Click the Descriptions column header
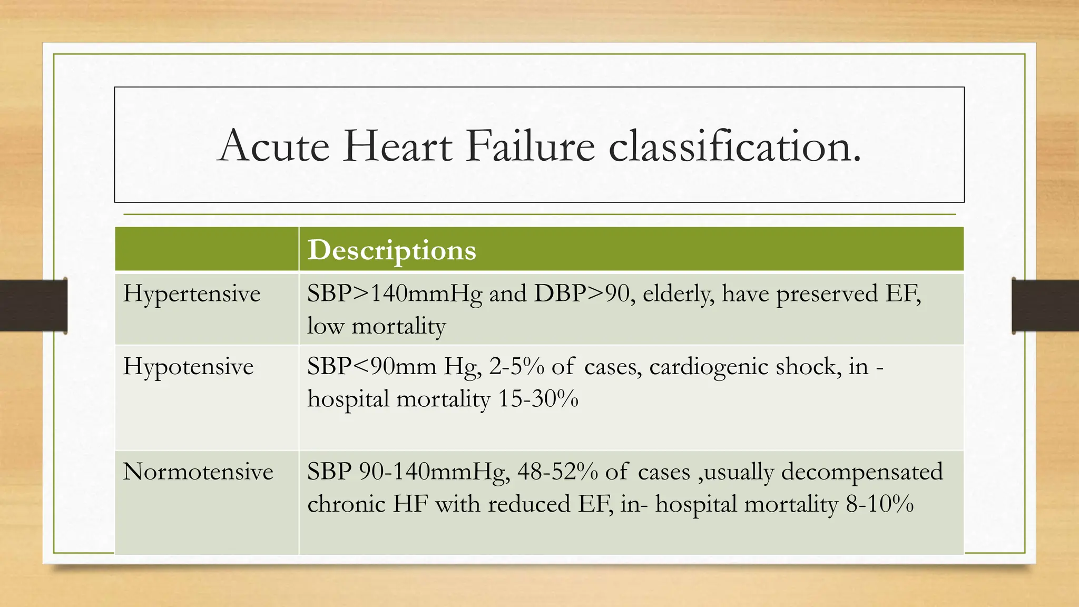coord(391,250)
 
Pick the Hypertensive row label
coord(192,294)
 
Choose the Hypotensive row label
coord(188,367)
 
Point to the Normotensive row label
coord(198,472)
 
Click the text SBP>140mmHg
coord(395,294)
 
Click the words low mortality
coord(377,326)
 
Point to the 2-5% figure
coord(517,367)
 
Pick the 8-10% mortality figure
coord(879,504)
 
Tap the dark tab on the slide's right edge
coord(1045,306)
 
